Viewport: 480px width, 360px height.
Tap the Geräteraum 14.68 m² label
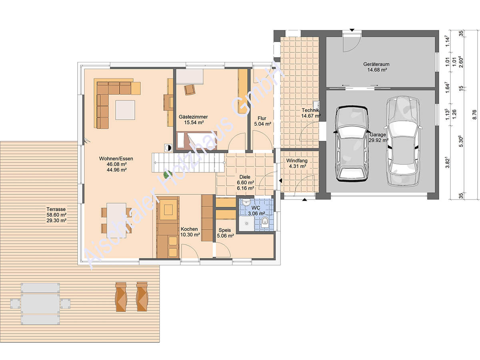click(x=376, y=67)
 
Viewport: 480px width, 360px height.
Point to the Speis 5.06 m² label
click(x=225, y=233)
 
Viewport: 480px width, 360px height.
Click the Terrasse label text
click(x=56, y=209)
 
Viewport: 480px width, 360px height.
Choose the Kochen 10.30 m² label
click(x=190, y=232)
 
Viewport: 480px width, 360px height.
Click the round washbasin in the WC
click(x=246, y=202)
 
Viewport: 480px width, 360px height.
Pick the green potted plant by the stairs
click(x=168, y=174)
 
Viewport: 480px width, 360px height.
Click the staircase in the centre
click(x=188, y=163)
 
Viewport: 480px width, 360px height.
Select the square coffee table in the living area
click(x=125, y=110)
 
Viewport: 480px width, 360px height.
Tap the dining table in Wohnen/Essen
click(x=116, y=220)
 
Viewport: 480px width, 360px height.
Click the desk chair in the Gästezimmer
click(x=190, y=90)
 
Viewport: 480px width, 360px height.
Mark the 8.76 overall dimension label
click(x=474, y=114)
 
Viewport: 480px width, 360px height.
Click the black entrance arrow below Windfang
click(x=304, y=200)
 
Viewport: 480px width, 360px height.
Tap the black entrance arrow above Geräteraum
click(x=352, y=30)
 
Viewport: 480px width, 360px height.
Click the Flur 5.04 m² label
click(x=262, y=121)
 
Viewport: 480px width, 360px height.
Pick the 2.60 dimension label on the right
click(x=461, y=62)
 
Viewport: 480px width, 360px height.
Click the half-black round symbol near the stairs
click(x=168, y=148)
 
